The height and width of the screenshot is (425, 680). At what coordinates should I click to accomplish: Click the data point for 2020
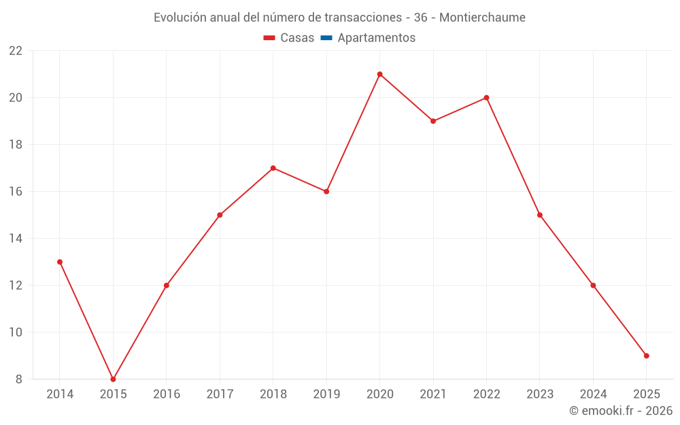[379, 74]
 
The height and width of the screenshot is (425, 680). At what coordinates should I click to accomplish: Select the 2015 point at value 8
[113, 379]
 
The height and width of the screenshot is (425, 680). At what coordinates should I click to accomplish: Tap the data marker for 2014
[60, 262]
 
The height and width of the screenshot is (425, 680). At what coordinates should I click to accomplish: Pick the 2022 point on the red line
[486, 98]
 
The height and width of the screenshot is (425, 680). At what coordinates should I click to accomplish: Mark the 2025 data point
[646, 356]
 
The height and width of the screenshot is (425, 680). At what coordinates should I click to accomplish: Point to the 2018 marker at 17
[273, 168]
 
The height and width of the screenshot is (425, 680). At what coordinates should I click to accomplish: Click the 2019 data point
[326, 192]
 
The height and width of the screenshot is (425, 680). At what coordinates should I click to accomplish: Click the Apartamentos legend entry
[376, 38]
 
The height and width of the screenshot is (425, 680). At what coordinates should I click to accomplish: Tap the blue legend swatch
[326, 38]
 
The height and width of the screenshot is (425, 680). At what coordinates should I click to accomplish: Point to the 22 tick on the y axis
[16, 51]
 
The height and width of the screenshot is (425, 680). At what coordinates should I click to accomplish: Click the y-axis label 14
[16, 239]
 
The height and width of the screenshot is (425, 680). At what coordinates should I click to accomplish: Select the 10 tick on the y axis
[16, 333]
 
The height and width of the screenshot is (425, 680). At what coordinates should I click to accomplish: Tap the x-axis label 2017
[220, 394]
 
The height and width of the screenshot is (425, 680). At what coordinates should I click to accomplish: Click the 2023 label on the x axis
[539, 394]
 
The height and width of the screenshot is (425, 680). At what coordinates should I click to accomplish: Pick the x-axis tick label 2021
[432, 394]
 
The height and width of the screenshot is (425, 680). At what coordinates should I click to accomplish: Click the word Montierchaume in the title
[482, 18]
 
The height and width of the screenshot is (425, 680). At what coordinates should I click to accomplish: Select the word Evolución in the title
[180, 18]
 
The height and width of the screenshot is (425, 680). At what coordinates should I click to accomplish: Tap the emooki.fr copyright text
[620, 411]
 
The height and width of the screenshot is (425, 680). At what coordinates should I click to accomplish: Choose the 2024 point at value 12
[593, 286]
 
